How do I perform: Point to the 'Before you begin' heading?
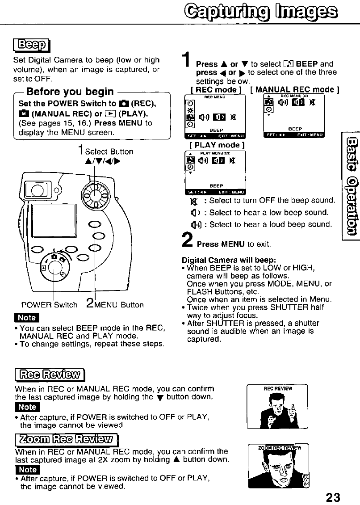pyautogui.click(x=70, y=92)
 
